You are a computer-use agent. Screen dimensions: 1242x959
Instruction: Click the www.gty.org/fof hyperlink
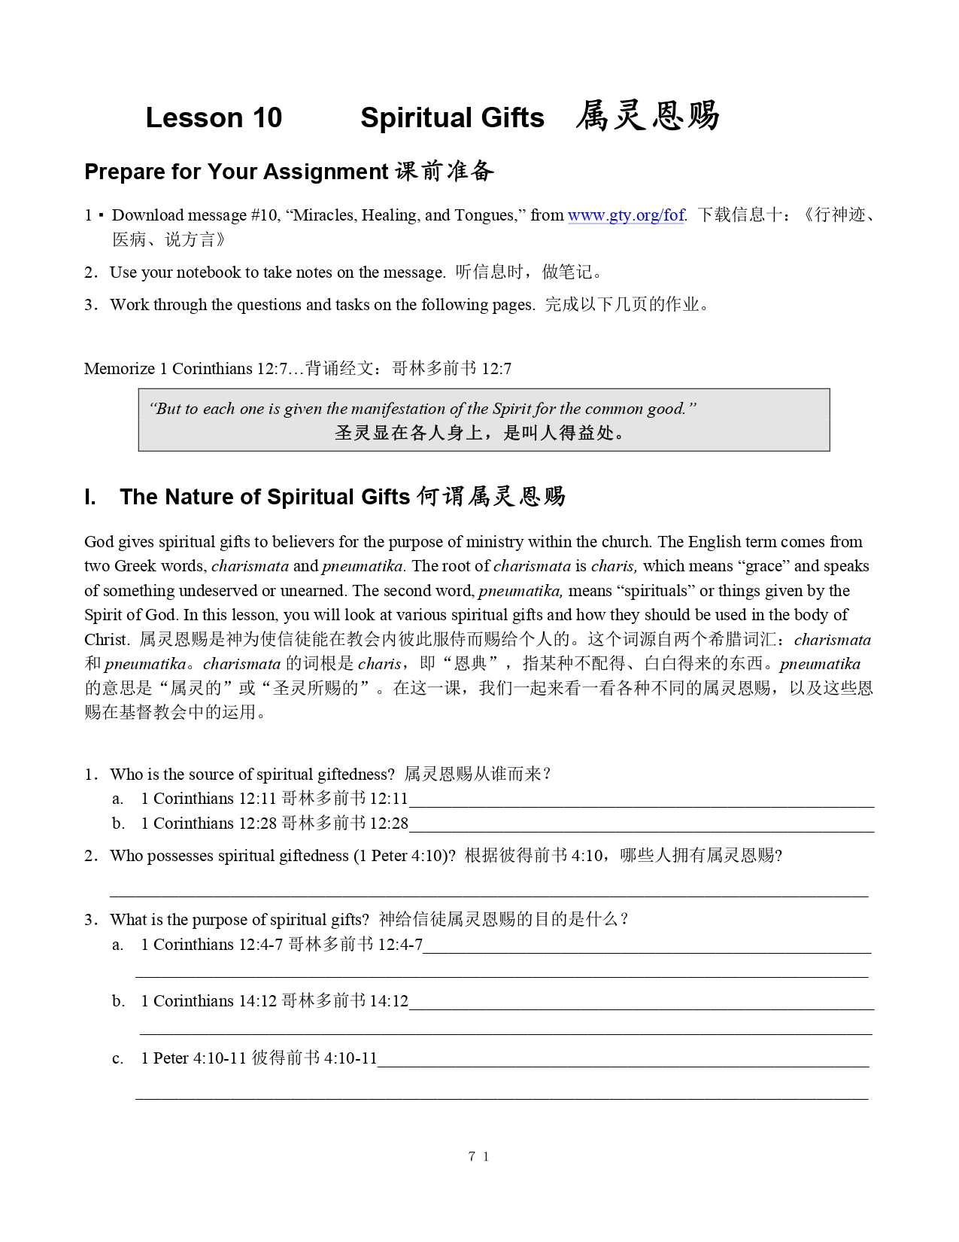pos(626,215)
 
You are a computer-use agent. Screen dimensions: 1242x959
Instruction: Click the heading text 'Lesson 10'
pos(214,117)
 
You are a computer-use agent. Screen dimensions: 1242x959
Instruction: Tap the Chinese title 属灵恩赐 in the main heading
pos(648,116)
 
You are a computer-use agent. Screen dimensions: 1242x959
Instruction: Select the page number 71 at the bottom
pos(478,1157)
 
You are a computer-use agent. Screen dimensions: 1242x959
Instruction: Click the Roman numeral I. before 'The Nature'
pos(90,497)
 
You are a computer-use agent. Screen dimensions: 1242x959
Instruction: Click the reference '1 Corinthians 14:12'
pos(209,1001)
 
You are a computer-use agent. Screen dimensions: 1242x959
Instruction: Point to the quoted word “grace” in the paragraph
pos(763,566)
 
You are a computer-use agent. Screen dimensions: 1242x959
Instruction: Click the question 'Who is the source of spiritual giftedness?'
pos(252,775)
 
